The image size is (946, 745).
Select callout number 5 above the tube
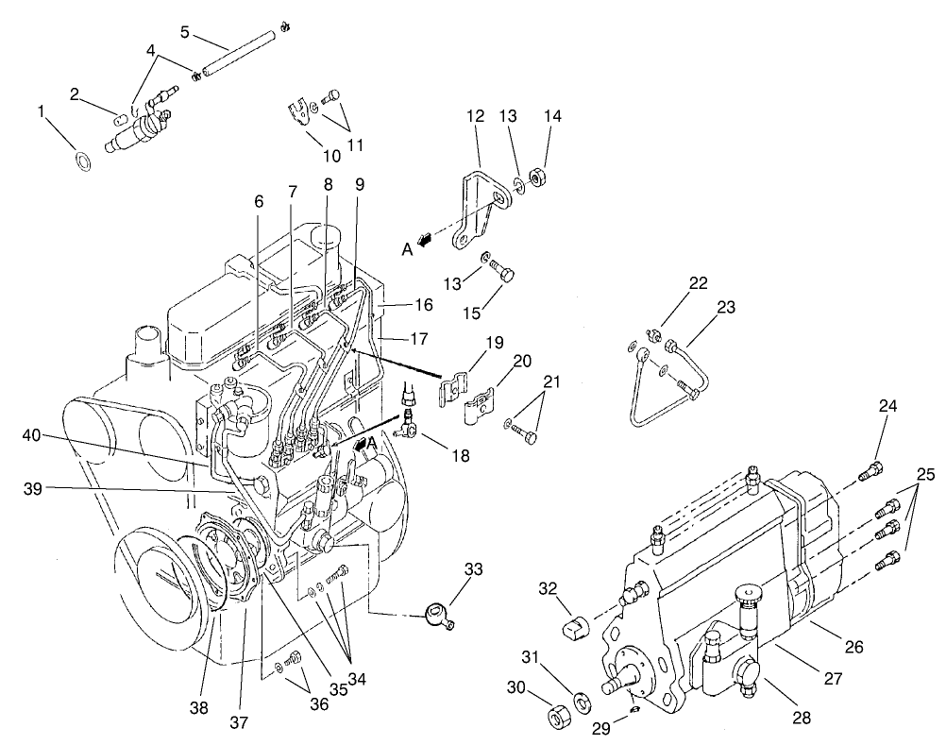point(185,32)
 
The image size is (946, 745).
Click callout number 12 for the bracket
point(475,116)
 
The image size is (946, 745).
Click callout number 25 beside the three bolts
point(925,475)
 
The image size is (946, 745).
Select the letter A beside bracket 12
point(407,249)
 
